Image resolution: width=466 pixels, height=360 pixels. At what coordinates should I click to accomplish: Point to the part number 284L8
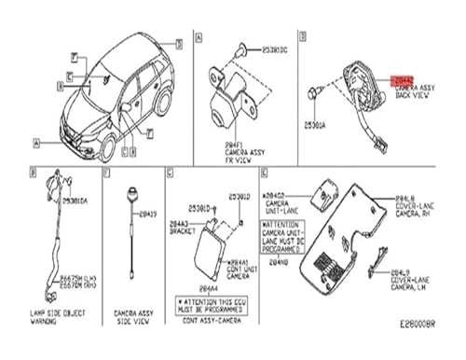click(x=404, y=199)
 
